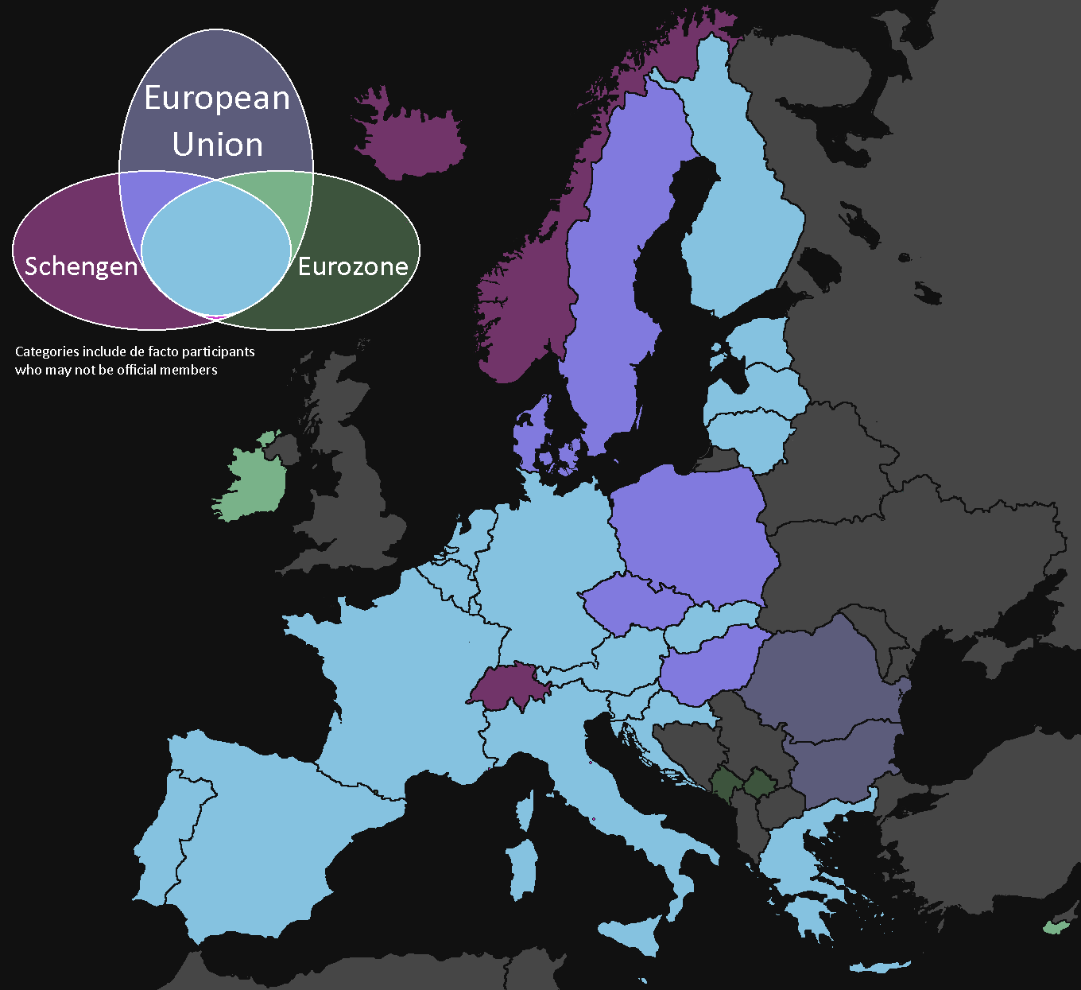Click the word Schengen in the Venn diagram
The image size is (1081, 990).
(x=81, y=266)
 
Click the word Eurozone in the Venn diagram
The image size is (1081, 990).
(x=353, y=266)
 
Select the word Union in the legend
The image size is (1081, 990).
(x=217, y=145)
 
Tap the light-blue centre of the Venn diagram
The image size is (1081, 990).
(x=216, y=250)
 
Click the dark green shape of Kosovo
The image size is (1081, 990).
(x=759, y=783)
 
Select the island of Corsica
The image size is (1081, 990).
(x=524, y=811)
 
